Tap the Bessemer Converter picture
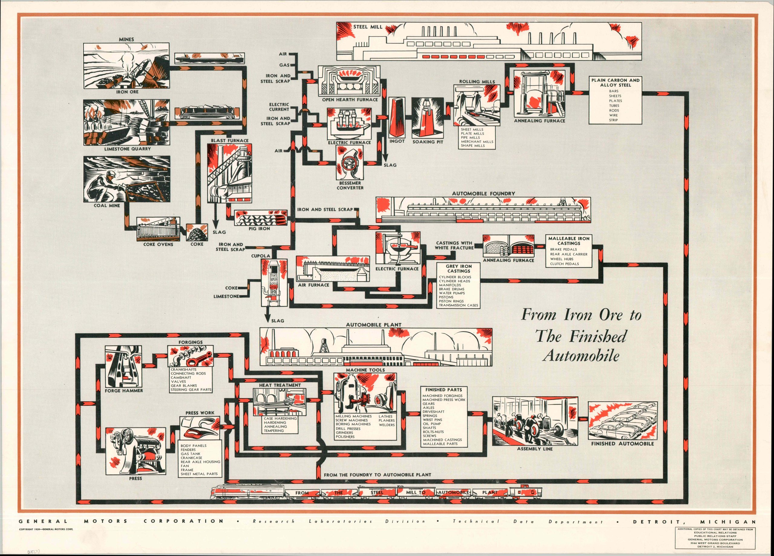click(x=350, y=164)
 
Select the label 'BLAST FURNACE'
click(x=229, y=141)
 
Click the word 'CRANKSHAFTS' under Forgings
click(x=183, y=369)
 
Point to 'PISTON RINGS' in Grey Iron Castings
click(x=451, y=301)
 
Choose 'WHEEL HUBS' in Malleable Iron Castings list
click(x=561, y=259)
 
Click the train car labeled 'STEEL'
click(x=377, y=492)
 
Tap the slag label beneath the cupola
click(x=278, y=321)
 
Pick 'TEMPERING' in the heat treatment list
click(x=274, y=431)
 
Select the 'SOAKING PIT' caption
click(x=428, y=141)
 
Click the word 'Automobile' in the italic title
click(x=580, y=356)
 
